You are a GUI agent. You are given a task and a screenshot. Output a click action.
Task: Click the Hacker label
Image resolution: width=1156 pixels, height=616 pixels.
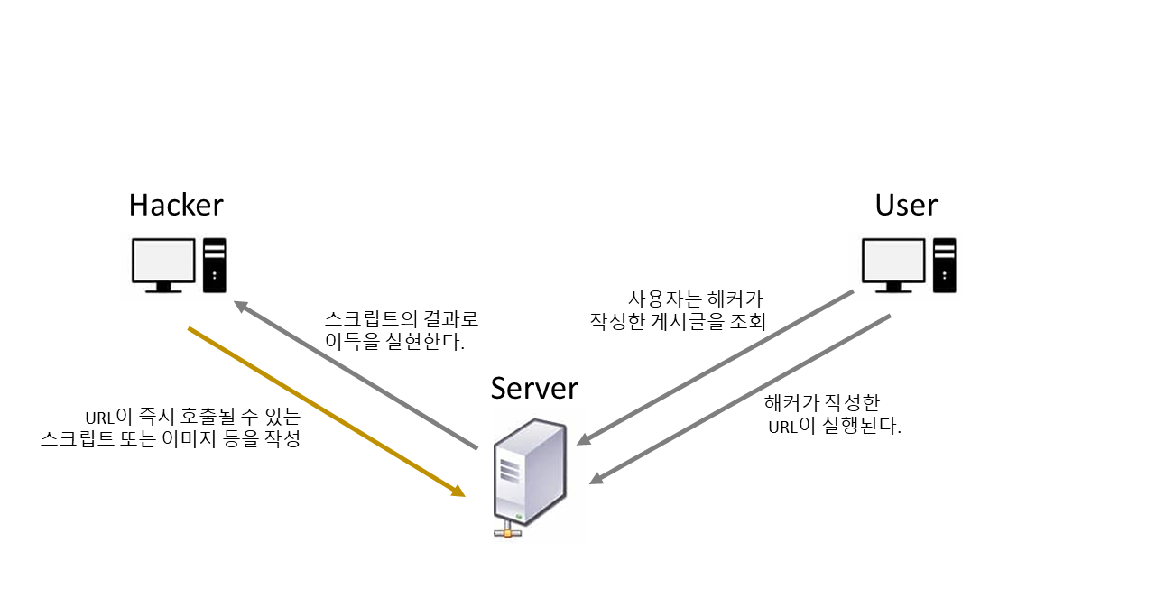(176, 205)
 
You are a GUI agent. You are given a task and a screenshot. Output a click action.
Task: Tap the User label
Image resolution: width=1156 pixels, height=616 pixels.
(906, 205)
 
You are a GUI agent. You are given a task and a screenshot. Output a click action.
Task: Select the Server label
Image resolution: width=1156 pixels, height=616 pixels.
(534, 388)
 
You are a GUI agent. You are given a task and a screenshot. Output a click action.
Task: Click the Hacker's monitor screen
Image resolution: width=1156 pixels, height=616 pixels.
(163, 261)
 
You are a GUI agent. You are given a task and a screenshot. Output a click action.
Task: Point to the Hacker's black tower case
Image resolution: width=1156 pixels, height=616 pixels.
(215, 265)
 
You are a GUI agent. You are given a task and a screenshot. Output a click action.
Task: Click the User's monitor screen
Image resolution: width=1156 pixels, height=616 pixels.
(893, 261)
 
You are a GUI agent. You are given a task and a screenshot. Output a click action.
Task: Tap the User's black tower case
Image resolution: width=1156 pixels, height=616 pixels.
(945, 265)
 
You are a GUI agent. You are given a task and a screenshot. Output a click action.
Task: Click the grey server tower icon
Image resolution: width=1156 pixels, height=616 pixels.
(531, 471)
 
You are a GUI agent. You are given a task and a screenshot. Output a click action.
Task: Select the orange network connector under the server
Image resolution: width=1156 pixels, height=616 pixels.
(509, 533)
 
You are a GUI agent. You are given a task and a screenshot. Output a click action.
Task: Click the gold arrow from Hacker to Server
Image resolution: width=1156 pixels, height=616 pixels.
(325, 411)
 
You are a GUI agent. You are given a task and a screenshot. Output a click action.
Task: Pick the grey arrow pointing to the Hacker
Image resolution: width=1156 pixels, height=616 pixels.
(356, 376)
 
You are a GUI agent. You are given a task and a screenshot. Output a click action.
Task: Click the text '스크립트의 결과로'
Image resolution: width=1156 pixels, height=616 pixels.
(401, 319)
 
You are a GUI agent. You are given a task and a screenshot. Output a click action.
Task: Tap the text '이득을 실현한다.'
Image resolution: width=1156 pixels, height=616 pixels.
(394, 342)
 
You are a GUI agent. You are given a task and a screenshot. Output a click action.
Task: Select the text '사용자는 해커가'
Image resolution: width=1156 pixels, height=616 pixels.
(696, 299)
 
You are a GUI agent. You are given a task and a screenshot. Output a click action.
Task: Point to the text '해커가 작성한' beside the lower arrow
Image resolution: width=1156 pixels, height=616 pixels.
(821, 403)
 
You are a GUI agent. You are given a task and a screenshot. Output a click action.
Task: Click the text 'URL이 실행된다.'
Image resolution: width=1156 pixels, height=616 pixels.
(835, 426)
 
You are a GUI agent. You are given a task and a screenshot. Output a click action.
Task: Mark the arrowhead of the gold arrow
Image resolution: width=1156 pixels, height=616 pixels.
(458, 492)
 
